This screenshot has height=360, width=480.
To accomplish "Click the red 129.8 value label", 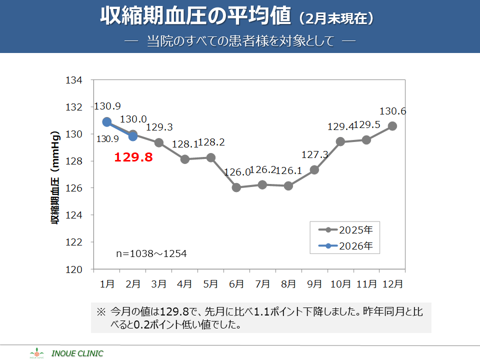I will click(x=133, y=158).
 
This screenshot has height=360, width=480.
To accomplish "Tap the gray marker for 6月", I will click(x=236, y=187).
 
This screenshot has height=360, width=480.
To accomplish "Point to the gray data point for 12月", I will click(x=392, y=126).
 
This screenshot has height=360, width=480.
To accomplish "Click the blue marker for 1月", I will click(x=107, y=122).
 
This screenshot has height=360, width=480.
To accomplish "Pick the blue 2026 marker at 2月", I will click(x=133, y=136).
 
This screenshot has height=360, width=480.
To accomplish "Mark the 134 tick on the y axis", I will click(x=74, y=80).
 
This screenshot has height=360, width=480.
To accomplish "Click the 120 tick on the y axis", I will click(x=74, y=269).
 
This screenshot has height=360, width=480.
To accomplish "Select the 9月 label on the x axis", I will click(x=314, y=284).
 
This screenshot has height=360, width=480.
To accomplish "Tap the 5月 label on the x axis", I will click(x=210, y=284).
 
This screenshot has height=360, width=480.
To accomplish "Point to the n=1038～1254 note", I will click(x=151, y=254).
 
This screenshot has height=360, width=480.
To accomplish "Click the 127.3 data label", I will click(x=315, y=155).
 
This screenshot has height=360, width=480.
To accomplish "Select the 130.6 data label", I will click(x=392, y=111).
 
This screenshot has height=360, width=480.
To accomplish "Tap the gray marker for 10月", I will click(x=340, y=141).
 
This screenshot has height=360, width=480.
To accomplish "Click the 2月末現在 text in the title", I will click(x=336, y=19).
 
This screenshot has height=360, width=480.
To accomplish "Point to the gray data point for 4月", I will click(x=185, y=159).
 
